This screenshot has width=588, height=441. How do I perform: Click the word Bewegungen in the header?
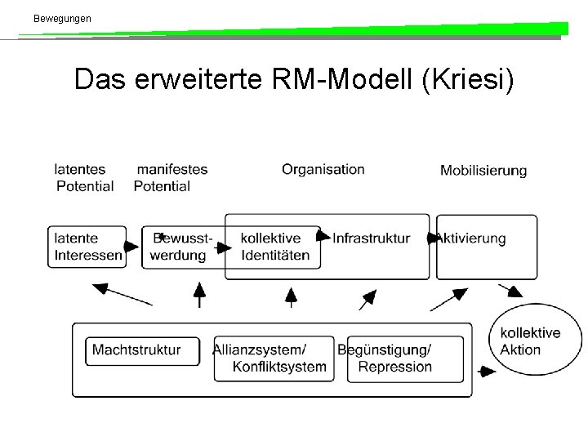point(62,19)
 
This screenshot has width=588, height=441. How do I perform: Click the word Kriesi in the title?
point(468,79)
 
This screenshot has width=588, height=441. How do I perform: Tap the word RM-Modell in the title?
point(342,78)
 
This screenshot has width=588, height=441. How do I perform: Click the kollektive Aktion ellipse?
point(536,305)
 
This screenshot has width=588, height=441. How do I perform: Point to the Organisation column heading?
point(323,170)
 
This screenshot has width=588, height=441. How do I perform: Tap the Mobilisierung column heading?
point(483,171)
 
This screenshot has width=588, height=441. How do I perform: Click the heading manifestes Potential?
point(171,178)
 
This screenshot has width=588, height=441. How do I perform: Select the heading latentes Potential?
point(84,178)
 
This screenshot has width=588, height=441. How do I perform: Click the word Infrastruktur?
point(372,238)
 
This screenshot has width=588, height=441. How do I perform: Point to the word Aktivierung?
point(472,238)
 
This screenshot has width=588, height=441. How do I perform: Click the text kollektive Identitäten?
point(275,247)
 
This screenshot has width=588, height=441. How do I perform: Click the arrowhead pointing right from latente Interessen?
point(131,247)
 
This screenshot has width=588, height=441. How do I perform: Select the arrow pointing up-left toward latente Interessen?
point(122,294)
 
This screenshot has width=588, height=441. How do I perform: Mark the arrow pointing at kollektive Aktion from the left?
point(487,372)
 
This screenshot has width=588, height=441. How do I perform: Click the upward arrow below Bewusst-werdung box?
point(199,295)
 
